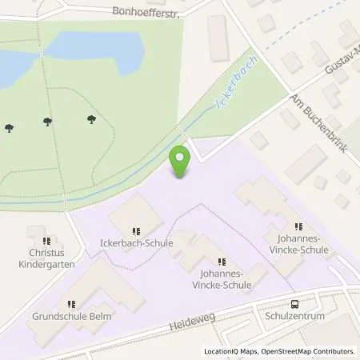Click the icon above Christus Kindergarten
click(47, 240)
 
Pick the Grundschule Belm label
click(72, 316)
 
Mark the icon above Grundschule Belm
click(71, 304)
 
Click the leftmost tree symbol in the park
click(9, 127)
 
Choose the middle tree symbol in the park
click(47, 122)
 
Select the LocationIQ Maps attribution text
click(231, 351)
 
